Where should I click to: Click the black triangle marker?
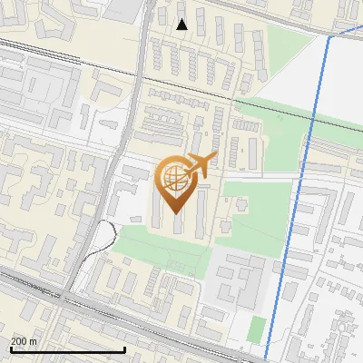(x=182, y=25)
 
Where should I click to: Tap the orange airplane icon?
(x=200, y=165)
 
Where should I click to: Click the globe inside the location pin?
(x=173, y=178)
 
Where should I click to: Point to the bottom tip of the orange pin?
(x=173, y=213)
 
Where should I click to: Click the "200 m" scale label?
(x=24, y=341)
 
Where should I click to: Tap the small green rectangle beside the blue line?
(x=257, y=329)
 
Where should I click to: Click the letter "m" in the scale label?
(x=34, y=341)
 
